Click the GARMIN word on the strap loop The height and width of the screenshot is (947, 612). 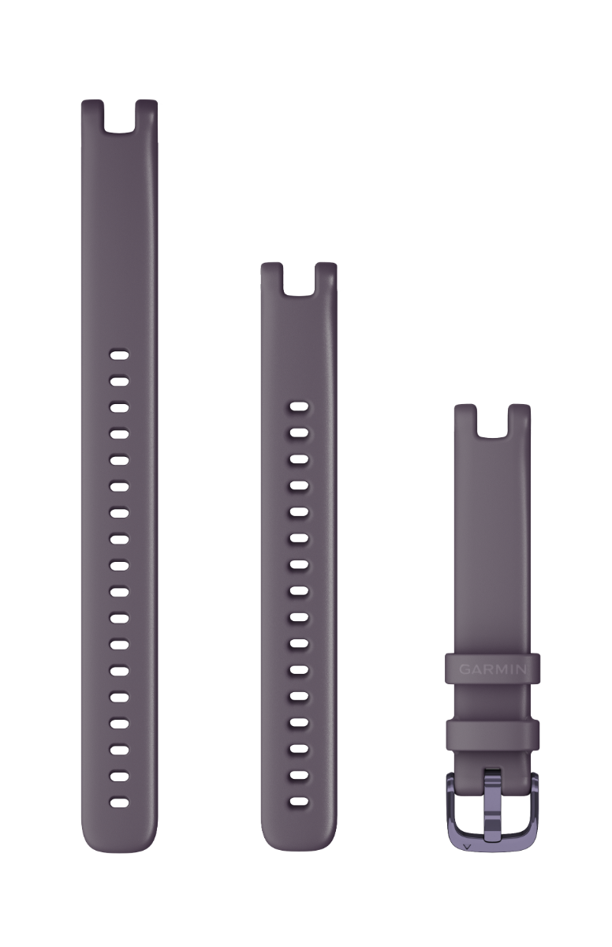pos(493,669)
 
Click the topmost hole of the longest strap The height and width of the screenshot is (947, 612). pos(118,354)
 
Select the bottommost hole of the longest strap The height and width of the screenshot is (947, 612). pos(118,802)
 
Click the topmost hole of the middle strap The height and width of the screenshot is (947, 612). pos(299,407)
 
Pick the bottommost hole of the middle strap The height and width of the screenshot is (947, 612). pos(299,803)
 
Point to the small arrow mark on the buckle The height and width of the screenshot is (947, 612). pos(468,844)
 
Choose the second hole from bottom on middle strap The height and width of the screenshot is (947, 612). pos(299,776)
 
